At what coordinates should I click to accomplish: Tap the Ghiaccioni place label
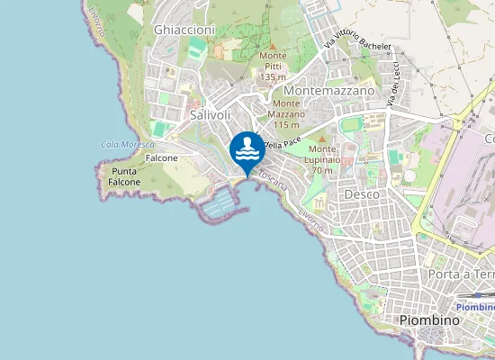[184, 30]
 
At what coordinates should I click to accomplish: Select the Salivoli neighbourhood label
[211, 115]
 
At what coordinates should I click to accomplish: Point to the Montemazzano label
[328, 91]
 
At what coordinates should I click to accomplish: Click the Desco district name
[361, 193]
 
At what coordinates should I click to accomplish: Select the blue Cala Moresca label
[122, 144]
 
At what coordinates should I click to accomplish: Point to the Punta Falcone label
[124, 176]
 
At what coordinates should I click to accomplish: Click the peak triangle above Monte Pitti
[273, 45]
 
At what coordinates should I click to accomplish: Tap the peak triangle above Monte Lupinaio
[321, 139]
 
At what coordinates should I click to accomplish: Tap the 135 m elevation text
[273, 77]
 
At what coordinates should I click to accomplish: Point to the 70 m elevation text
[321, 170]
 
